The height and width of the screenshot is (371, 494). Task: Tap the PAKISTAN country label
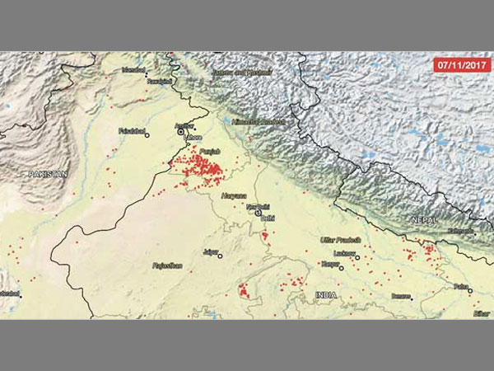point(47,175)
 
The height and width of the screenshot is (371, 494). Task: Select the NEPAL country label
point(424,220)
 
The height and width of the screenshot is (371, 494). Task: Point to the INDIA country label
point(326,294)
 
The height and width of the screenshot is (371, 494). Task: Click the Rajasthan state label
point(167,266)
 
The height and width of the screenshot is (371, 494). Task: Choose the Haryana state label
point(235,196)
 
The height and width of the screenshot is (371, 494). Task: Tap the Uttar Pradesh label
point(341,239)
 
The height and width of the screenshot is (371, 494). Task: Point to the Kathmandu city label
point(460,232)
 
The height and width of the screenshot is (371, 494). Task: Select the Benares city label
point(401,295)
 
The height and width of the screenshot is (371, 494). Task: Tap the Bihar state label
point(481,313)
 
